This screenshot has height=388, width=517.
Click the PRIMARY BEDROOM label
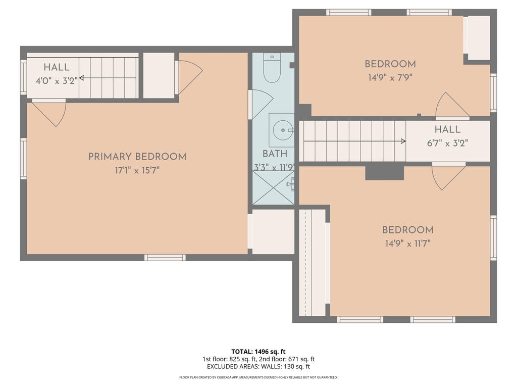[x=137, y=157]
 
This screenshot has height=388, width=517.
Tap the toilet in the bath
[x=272, y=68]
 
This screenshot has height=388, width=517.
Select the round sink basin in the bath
[x=283, y=130]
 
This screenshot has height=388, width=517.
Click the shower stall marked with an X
[x=273, y=187]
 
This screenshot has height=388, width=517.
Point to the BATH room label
[x=275, y=154]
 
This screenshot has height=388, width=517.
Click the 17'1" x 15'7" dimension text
[x=137, y=171]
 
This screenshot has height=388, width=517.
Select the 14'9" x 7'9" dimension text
[x=390, y=77]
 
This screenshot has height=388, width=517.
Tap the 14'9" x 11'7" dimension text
[x=408, y=244]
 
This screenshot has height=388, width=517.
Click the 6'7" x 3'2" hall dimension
[x=447, y=143]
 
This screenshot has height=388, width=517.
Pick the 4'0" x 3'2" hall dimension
[x=57, y=81]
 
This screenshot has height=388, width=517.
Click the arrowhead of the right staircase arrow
[x=403, y=141]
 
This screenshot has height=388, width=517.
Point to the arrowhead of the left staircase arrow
[x=81, y=78]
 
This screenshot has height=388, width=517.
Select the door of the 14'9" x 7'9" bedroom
[x=452, y=106]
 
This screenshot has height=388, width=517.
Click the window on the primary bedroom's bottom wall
[x=165, y=258]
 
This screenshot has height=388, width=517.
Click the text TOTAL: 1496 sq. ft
[x=258, y=352]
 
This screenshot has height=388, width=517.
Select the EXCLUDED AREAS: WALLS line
[x=258, y=366]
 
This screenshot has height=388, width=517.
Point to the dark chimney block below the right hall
[x=384, y=173]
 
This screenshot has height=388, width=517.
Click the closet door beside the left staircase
[x=190, y=77]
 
